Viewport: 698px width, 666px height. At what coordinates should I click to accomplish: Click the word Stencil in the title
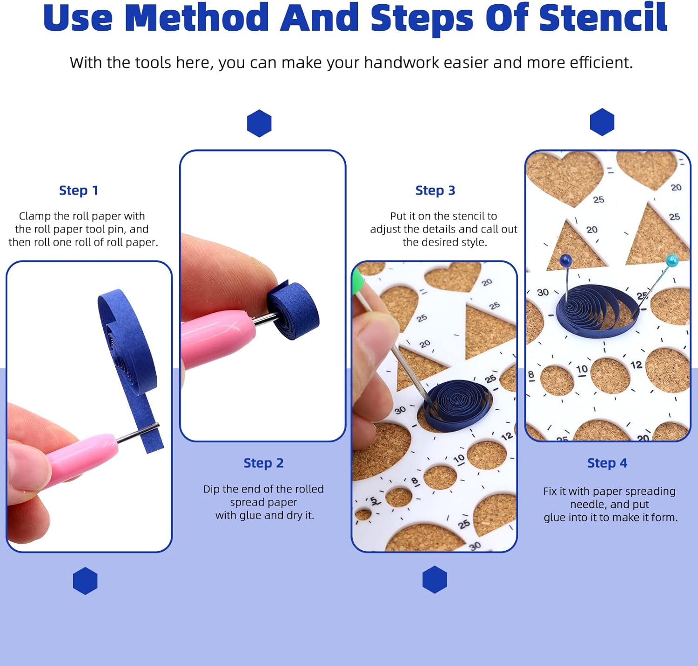click(603, 18)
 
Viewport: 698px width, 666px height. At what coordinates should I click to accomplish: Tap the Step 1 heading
click(78, 190)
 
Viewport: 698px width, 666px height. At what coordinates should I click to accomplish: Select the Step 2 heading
click(263, 463)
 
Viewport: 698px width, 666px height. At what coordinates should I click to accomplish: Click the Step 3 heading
click(435, 190)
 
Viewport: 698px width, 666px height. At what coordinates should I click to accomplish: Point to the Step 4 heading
click(607, 463)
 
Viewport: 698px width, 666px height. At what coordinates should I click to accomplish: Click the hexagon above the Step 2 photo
click(259, 123)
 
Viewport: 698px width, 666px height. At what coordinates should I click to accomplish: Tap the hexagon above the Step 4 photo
click(602, 122)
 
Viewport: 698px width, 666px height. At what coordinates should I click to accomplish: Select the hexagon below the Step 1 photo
click(85, 581)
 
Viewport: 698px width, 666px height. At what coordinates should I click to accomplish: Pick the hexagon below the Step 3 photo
click(435, 579)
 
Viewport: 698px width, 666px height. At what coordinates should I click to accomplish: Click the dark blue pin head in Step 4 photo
click(565, 260)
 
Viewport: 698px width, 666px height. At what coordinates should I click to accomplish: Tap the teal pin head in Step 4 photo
click(672, 260)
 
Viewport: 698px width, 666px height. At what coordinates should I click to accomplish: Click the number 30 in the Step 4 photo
click(543, 293)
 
